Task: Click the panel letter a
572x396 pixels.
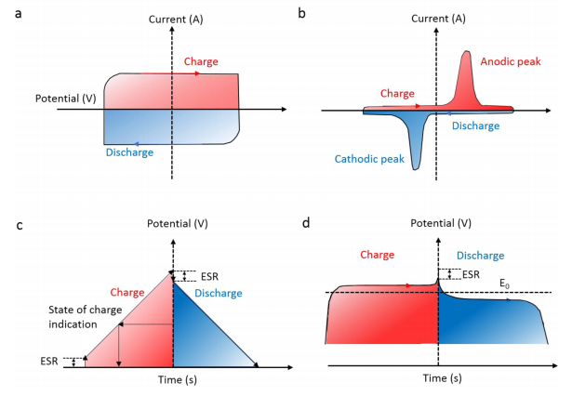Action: [15, 12]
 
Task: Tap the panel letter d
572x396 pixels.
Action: [304, 223]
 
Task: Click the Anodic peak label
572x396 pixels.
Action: [511, 61]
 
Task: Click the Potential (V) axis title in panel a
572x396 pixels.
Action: [66, 99]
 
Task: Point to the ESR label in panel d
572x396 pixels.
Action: [471, 274]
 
